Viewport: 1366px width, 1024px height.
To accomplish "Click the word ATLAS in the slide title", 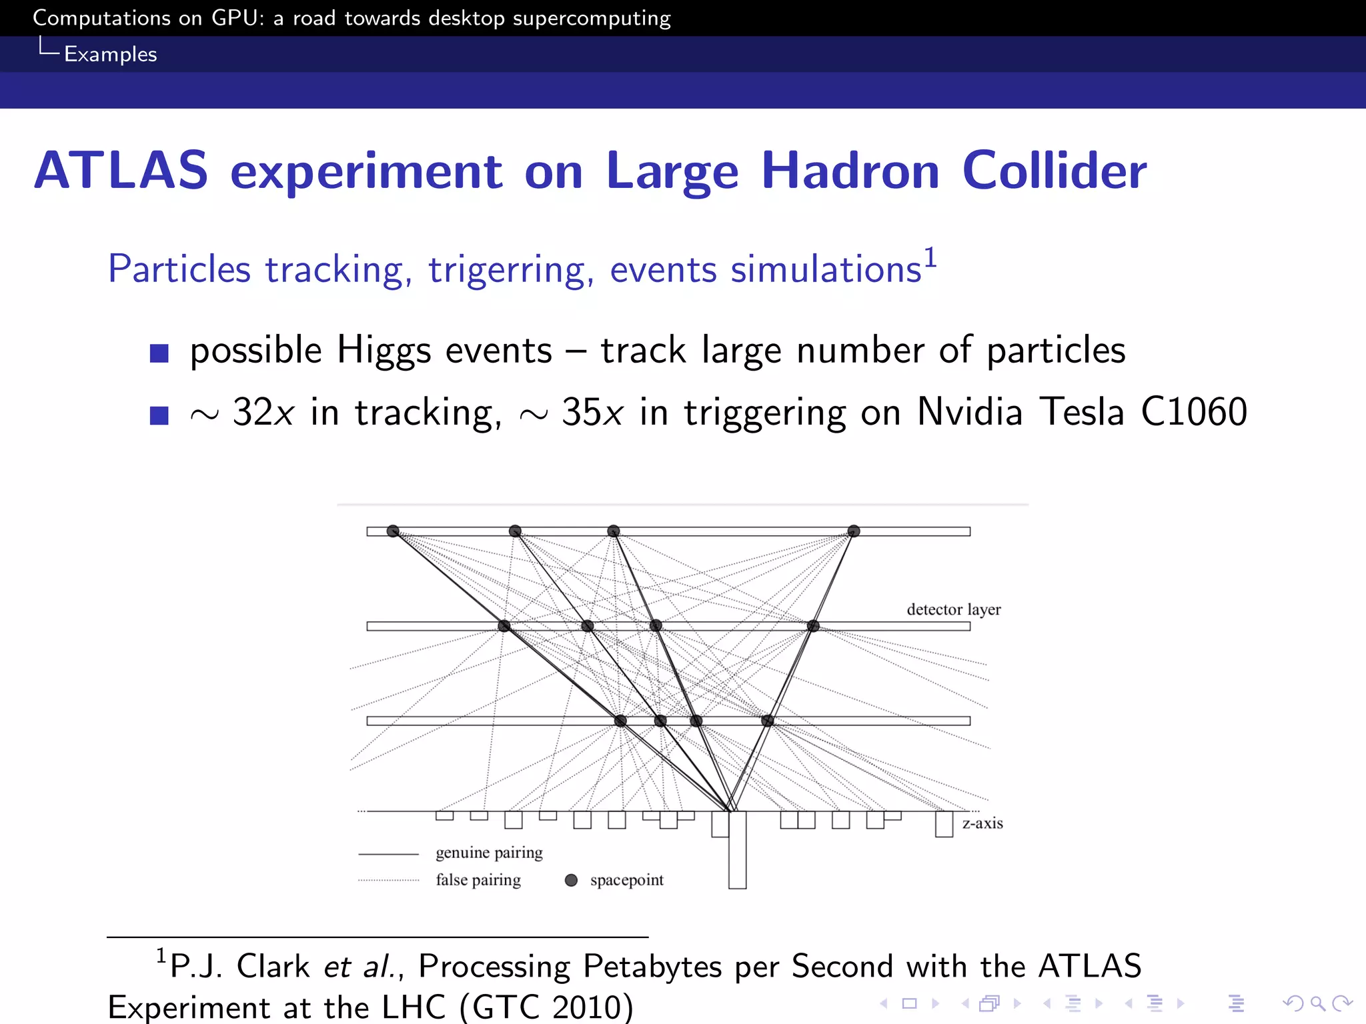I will coord(121,171).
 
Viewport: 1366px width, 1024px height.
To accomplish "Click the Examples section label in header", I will coord(110,54).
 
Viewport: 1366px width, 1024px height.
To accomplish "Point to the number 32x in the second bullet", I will coord(263,412).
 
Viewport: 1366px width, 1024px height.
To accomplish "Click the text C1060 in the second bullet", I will coord(1193,412).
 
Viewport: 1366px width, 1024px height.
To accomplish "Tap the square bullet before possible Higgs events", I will coord(159,353).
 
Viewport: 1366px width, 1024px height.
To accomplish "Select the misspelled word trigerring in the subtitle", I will coord(511,270).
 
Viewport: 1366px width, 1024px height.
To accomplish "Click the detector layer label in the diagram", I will coord(953,609).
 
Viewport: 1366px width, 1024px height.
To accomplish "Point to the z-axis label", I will coord(982,823).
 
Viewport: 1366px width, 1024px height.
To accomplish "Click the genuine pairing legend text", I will coord(489,853).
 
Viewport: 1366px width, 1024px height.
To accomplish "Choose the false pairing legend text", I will coord(478,880).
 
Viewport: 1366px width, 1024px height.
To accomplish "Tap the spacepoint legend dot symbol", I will coord(571,880).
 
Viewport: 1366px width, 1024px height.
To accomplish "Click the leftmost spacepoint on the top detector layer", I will coord(393,531).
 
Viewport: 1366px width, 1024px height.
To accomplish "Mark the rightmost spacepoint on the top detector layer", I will coord(854,531).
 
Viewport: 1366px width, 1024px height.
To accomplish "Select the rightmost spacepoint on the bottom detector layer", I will coord(768,721).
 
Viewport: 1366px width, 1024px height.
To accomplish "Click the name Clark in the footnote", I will coord(273,967).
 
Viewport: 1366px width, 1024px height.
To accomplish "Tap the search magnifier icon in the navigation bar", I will coord(1317,1003).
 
